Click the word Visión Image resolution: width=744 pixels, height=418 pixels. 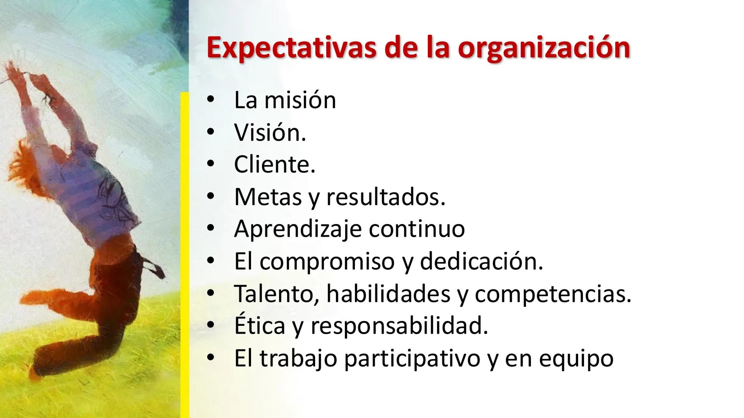(x=270, y=132)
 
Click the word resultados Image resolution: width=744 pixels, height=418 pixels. (x=386, y=197)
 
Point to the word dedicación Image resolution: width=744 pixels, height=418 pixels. (x=481, y=261)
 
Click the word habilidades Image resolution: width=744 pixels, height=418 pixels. (x=388, y=294)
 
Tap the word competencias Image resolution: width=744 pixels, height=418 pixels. (x=553, y=294)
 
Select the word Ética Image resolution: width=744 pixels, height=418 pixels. (x=260, y=326)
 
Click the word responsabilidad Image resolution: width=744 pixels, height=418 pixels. (x=399, y=326)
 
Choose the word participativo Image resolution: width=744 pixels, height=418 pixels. (x=412, y=359)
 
